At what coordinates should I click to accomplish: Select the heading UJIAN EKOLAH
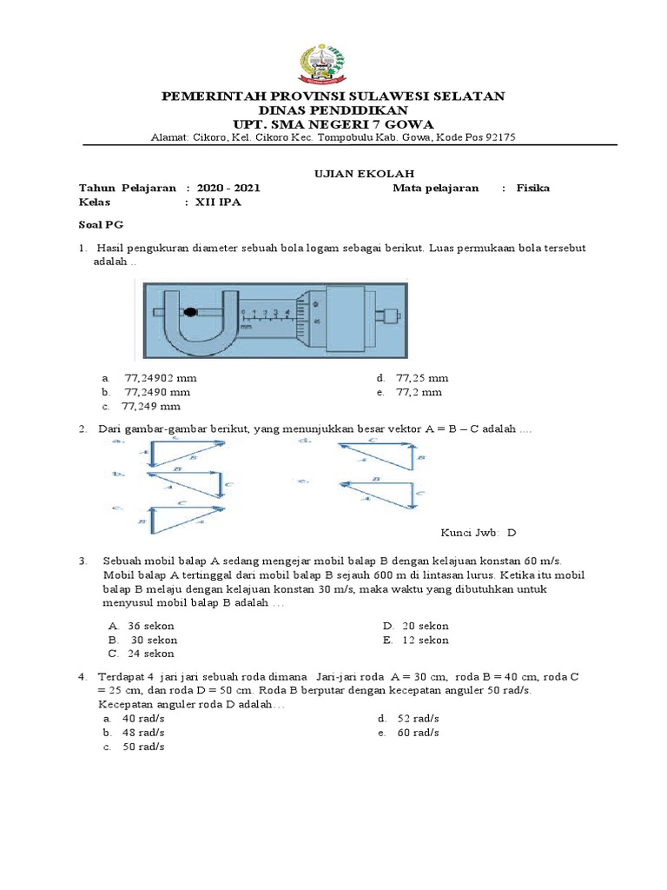352,174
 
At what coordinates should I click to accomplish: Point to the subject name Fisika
532,188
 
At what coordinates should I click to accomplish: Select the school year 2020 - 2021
228,188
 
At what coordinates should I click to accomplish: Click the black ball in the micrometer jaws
190,311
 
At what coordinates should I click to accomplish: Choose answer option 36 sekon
150,626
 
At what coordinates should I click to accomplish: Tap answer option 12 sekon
426,640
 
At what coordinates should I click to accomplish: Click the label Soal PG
96,224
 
